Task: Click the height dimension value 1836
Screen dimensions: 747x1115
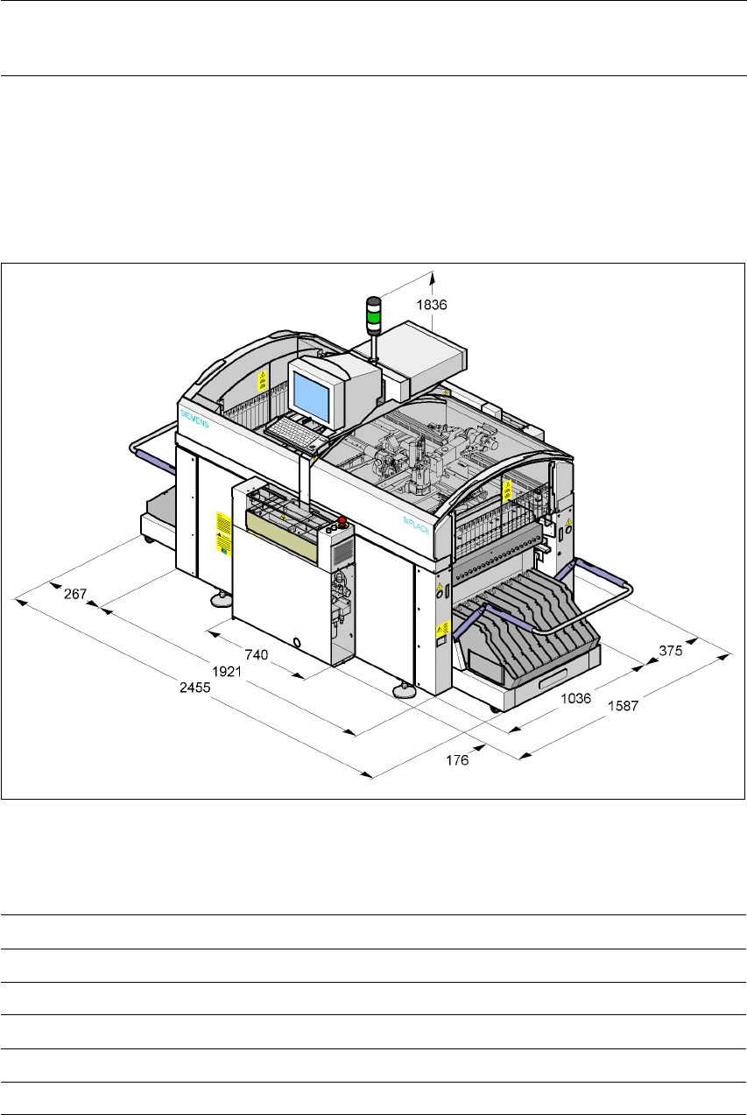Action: point(433,306)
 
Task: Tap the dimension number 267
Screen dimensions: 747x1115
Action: point(76,594)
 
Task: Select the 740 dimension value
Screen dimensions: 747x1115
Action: point(256,653)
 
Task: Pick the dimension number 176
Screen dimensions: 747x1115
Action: point(455,760)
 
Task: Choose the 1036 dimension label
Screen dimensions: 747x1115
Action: point(576,698)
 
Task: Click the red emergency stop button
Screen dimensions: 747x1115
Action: point(342,522)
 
